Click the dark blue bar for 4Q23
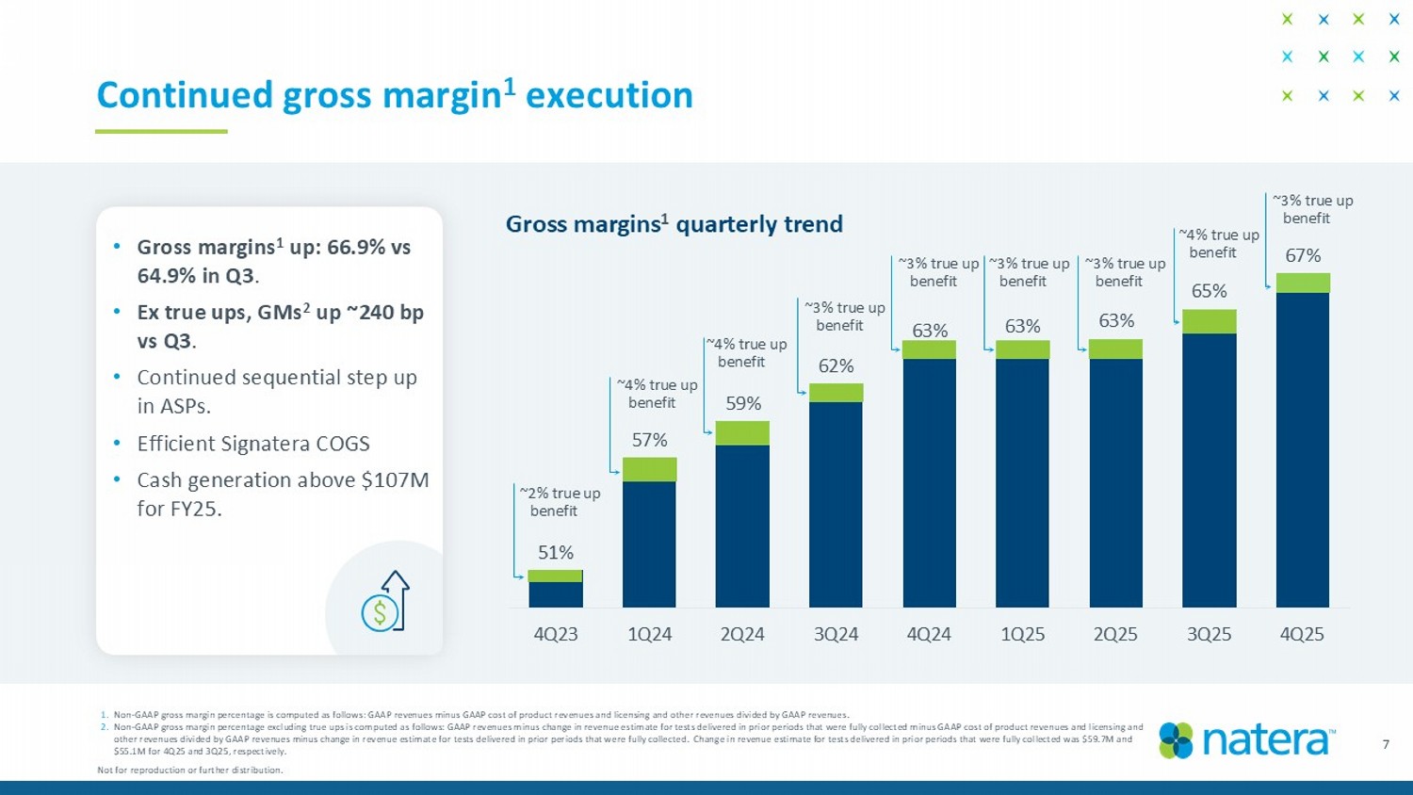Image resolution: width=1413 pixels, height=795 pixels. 556,594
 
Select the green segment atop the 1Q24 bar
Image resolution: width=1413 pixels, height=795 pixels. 649,469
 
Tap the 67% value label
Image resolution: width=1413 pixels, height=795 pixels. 1303,255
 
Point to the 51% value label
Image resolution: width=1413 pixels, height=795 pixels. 556,552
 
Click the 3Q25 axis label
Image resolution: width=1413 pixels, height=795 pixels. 1209,634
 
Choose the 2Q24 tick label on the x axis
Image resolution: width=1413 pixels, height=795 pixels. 742,634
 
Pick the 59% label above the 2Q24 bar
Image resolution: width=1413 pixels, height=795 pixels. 743,403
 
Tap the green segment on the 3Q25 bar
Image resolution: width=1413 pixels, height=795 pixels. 1209,321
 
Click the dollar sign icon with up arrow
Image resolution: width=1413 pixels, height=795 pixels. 386,602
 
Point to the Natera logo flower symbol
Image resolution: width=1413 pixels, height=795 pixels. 1176,740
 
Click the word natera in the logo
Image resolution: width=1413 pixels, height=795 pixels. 1267,740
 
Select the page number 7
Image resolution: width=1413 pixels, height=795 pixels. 1386,744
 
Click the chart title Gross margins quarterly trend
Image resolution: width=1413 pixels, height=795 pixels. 674,224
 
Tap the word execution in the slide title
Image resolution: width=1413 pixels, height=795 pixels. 609,95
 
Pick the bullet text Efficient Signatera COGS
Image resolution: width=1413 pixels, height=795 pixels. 252,443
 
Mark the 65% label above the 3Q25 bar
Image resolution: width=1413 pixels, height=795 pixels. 1209,291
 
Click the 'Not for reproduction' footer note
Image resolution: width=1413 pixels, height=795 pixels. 189,770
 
